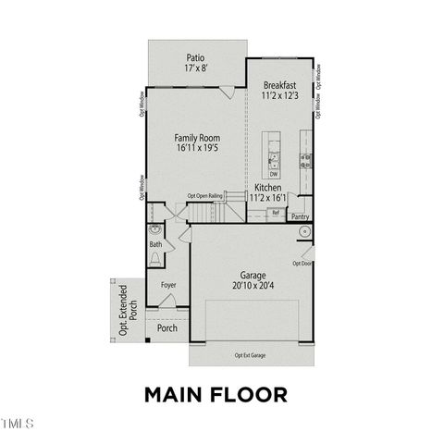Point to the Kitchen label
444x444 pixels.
coord(266,188)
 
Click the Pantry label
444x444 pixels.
coord(300,216)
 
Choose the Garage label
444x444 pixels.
coord(253,276)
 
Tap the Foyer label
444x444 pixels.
coord(168,285)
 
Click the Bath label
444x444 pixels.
coord(154,244)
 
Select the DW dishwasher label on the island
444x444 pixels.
coord(274,174)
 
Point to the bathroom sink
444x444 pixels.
coord(154,229)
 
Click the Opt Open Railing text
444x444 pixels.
coord(205,196)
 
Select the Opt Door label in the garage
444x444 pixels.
coord(302,263)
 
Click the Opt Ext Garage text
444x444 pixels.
coord(251,355)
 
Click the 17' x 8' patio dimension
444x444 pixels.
coord(193,68)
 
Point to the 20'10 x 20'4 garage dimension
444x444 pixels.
coord(253,287)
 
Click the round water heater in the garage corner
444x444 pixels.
coord(303,232)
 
